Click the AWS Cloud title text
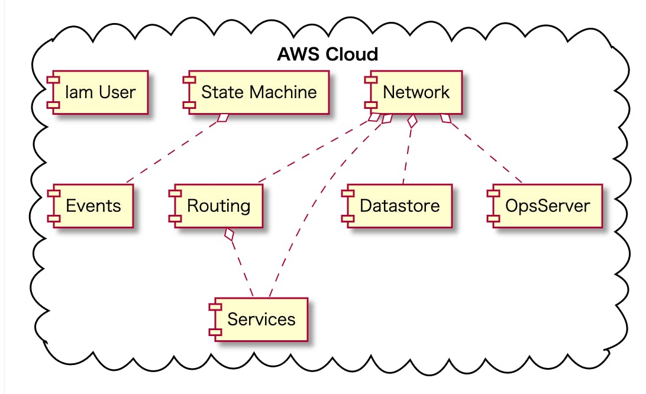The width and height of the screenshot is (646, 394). pyautogui.click(x=327, y=54)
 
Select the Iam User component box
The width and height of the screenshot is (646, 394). pyautogui.click(x=97, y=92)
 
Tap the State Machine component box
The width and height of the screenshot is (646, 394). pyautogui.click(x=256, y=92)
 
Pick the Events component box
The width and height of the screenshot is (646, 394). pyautogui.click(x=91, y=206)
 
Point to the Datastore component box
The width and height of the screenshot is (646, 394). pyautogui.click(x=396, y=206)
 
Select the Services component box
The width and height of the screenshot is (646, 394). pyautogui.click(x=257, y=319)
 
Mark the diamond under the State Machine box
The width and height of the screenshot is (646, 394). pyautogui.click(x=222, y=118)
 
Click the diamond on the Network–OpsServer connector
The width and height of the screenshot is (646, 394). pyautogui.click(x=445, y=119)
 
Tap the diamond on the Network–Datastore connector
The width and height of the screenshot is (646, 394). pyautogui.click(x=413, y=122)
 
